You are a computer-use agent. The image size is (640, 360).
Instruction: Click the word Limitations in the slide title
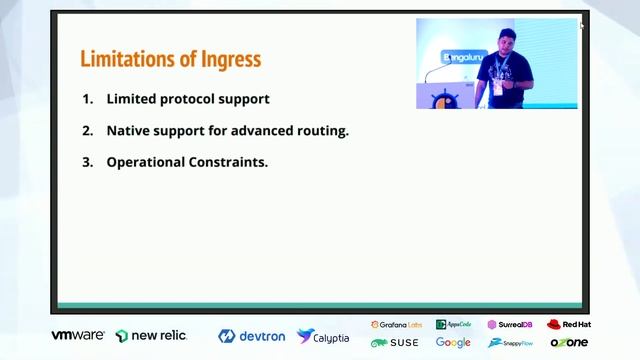point(125,59)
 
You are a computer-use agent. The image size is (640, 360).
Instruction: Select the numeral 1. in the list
point(88,99)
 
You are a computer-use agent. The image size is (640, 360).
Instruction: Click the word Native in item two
point(128,130)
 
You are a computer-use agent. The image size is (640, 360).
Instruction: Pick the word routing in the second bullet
point(318,130)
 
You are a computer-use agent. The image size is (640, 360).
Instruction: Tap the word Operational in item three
point(146,161)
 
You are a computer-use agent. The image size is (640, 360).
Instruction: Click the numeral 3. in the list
point(88,161)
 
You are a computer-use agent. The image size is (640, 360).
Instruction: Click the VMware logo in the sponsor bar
point(78,335)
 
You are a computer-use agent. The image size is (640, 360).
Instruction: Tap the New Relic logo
point(151,336)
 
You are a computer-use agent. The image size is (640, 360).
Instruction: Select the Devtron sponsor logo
point(251,336)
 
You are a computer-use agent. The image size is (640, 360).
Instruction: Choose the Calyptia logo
point(323,337)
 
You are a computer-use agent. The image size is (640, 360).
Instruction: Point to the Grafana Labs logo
point(396,325)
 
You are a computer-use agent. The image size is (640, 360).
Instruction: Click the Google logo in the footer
point(453,343)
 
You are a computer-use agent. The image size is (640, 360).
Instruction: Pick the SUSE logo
point(396,343)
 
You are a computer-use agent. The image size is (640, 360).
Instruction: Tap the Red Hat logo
point(569,325)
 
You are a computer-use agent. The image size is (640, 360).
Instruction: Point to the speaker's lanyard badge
point(497,86)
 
